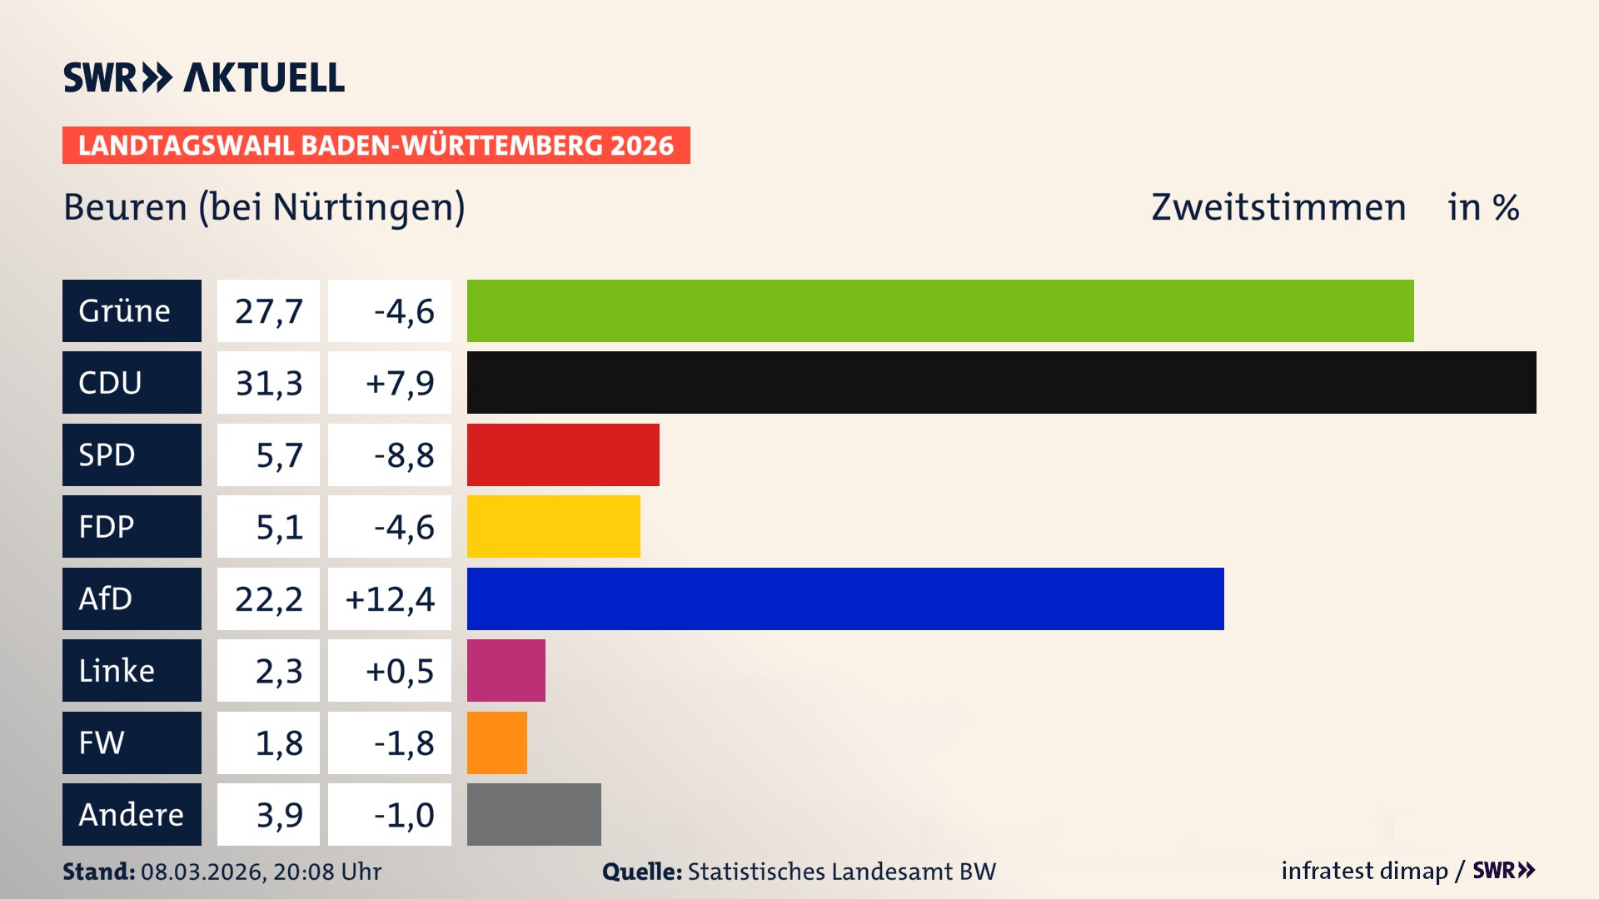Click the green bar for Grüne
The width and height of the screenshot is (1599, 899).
point(939,310)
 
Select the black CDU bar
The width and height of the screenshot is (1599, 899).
point(1001,382)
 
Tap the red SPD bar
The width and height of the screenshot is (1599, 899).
point(563,454)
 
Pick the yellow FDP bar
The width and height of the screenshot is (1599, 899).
point(553,526)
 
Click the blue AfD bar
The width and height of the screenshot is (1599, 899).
point(844,599)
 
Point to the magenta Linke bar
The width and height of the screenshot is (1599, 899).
point(506,670)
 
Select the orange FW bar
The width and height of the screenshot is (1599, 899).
point(496,743)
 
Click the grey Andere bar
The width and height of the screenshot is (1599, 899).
point(534,814)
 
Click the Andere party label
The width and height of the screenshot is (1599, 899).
point(132,814)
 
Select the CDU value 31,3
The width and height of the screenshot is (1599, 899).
point(268,383)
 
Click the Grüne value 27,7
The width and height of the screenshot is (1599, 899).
point(268,311)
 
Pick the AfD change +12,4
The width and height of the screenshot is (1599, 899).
point(390,599)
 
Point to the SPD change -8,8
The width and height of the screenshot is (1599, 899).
point(403,455)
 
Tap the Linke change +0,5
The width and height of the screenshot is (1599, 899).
point(400,671)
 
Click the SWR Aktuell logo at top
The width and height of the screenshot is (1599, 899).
point(203,77)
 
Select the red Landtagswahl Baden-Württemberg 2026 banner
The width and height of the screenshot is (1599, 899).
point(376,146)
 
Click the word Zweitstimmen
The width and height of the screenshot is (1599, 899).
point(1278,207)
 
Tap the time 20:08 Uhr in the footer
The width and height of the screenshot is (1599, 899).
point(326,872)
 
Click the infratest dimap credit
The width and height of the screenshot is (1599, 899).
point(1363,871)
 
